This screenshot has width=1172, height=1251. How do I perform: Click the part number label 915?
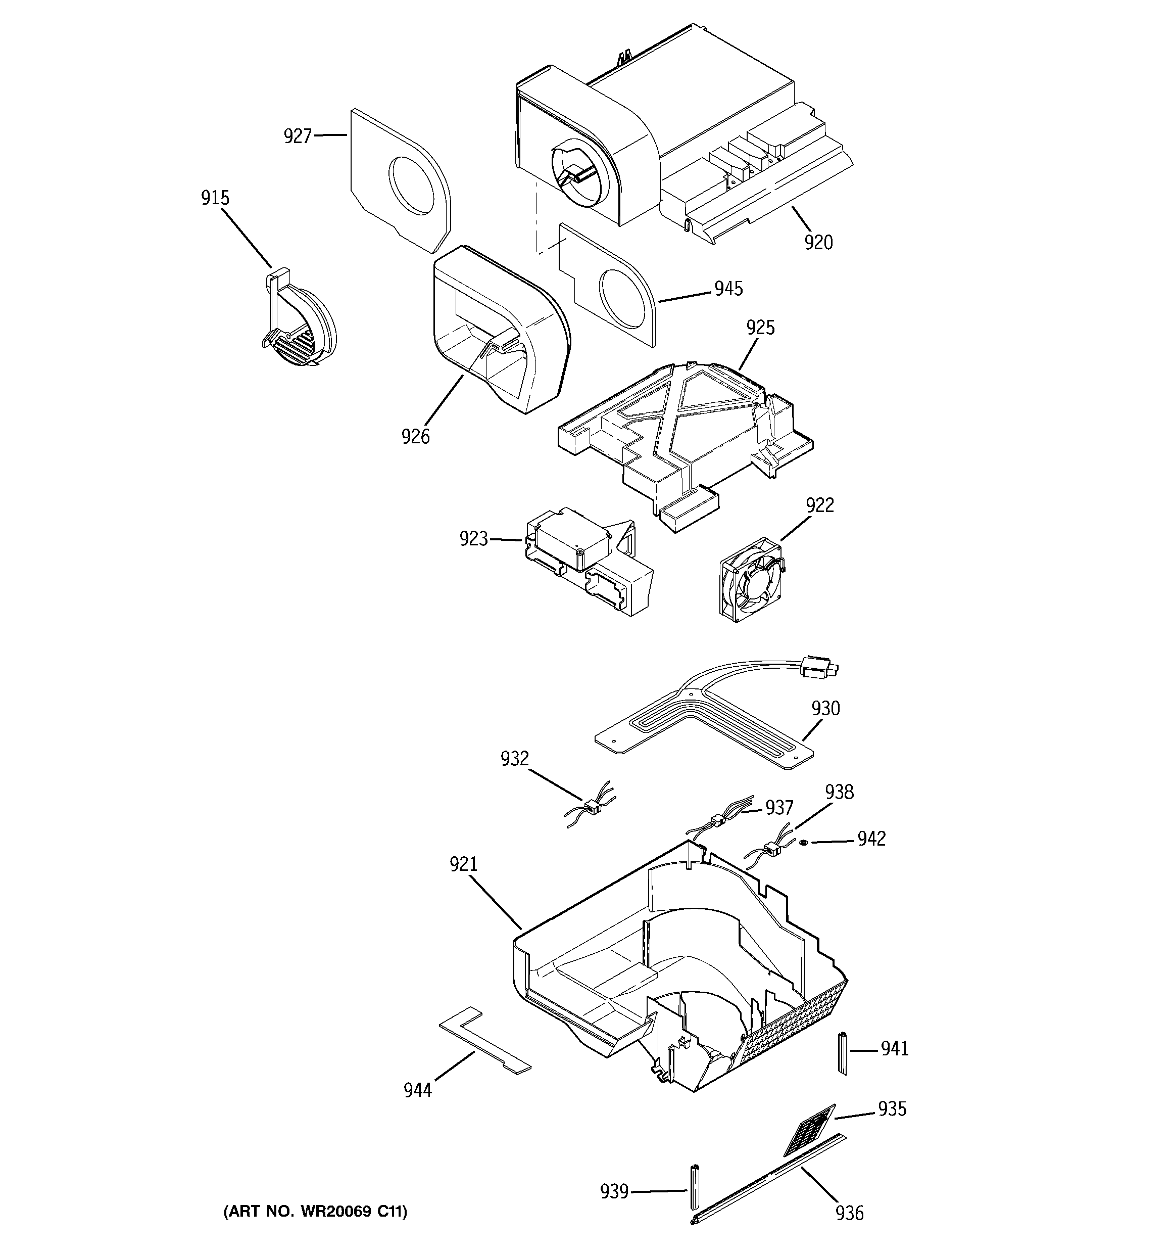pos(215,198)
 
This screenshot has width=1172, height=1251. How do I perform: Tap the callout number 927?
pos(298,136)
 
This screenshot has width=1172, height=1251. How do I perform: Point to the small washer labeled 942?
pos(805,843)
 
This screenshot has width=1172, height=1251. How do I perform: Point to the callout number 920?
pos(818,242)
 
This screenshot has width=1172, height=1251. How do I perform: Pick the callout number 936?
pos(849,1212)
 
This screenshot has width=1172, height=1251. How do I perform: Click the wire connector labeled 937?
pos(715,820)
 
